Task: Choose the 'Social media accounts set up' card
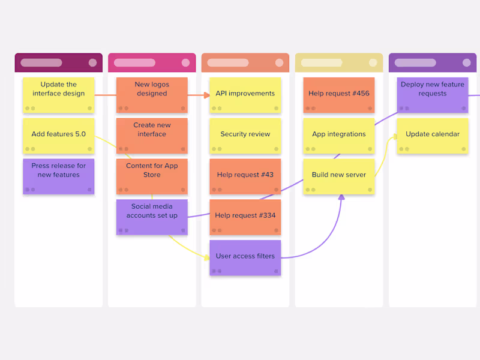click(x=152, y=217)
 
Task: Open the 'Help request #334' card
click(x=245, y=217)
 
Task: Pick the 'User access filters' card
click(x=245, y=257)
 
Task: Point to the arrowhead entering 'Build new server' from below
click(x=341, y=197)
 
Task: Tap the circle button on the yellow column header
click(x=373, y=62)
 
